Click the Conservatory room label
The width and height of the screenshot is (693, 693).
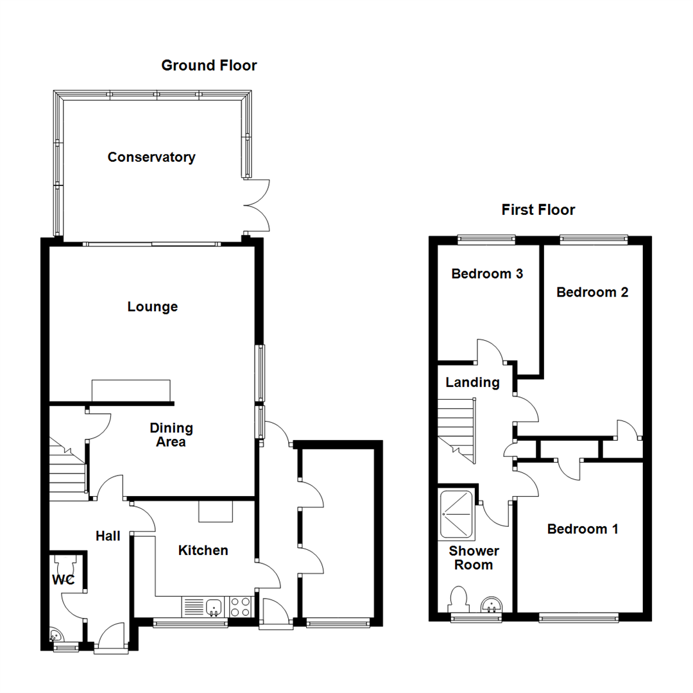pos(151,157)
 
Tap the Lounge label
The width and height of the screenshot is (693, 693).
pos(153,307)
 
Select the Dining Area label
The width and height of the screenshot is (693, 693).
pos(171,435)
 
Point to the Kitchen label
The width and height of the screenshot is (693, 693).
pos(203,551)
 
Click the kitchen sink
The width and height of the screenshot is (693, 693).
pos(214,606)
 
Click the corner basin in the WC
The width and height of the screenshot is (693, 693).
pos(56,635)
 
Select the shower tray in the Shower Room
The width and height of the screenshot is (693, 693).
pos(457,515)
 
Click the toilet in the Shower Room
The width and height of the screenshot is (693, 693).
pos(458,599)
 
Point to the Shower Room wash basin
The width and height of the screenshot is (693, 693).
pos(491,604)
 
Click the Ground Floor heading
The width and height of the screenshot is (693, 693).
pos(209,65)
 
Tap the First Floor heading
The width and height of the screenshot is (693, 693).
pos(538,209)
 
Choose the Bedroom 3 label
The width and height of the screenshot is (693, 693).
pos(487,274)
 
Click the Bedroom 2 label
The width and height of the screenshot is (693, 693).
pos(592,292)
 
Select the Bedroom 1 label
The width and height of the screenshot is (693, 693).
pos(583,529)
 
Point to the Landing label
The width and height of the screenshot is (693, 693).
pos(472,382)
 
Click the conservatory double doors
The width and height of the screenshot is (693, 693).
pos(257,205)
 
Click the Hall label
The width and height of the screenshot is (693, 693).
pos(108,536)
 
